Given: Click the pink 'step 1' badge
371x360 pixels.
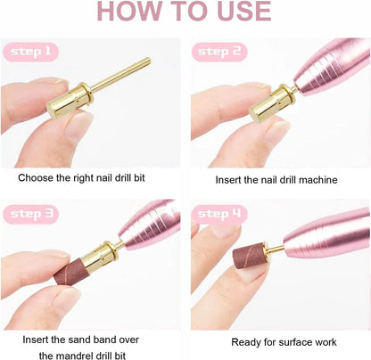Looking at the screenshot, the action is [x=30, y=52].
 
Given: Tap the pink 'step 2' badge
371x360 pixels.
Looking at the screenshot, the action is [x=219, y=52].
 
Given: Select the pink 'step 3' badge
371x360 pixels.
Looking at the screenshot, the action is [x=30, y=214].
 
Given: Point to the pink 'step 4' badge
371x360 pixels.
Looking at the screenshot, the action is [x=219, y=214].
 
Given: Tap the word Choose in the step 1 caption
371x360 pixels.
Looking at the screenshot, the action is [x=36, y=178].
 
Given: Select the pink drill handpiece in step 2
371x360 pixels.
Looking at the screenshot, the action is [x=333, y=66].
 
